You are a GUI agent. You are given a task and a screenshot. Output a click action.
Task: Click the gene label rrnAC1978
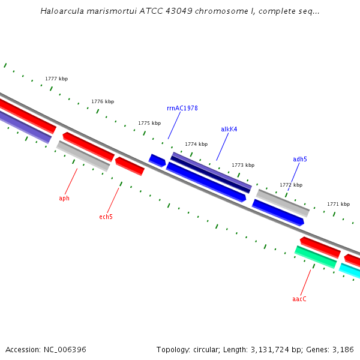(x=182, y=108)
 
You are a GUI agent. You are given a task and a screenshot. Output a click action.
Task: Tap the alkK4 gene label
(x=229, y=129)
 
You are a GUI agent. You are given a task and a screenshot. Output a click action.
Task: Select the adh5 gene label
(x=299, y=159)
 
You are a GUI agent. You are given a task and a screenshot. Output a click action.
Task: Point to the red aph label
(x=64, y=198)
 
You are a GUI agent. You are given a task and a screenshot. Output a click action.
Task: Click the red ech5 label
(x=106, y=217)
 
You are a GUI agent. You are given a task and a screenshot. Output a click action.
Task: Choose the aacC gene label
(x=299, y=299)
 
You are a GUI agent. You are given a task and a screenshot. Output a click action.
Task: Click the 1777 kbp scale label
(x=56, y=79)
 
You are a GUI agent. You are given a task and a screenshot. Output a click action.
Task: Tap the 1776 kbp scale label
(x=103, y=101)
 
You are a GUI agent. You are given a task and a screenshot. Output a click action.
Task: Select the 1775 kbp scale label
(x=149, y=123)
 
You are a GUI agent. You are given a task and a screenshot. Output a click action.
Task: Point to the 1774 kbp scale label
(x=196, y=144)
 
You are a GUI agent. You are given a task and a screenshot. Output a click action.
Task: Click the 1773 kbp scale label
(x=243, y=165)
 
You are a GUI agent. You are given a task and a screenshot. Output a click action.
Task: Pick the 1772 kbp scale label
(x=291, y=185)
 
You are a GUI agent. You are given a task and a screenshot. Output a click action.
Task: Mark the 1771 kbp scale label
(x=338, y=204)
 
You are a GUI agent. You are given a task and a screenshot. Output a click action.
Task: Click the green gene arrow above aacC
(x=316, y=257)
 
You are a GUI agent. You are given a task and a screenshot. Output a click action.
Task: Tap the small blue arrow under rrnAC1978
(x=157, y=160)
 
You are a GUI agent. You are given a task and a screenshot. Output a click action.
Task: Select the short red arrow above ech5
(x=130, y=166)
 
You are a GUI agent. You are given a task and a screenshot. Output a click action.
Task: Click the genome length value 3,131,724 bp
(x=275, y=349)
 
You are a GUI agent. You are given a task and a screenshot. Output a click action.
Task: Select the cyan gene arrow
(x=350, y=271)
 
